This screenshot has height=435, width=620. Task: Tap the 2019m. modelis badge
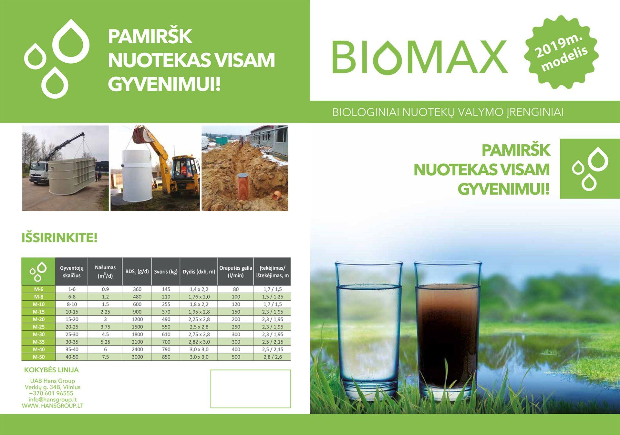click(x=561, y=53)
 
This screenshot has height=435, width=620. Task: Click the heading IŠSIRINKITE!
click(x=59, y=238)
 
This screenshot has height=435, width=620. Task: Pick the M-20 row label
click(x=38, y=319)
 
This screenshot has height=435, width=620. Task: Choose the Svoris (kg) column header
click(x=166, y=272)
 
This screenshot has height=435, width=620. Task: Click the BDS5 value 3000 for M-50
click(x=137, y=357)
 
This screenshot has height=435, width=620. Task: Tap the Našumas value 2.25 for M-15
click(x=105, y=312)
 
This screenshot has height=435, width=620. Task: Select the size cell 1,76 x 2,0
click(x=199, y=297)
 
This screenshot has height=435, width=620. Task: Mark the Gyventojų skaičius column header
click(x=72, y=272)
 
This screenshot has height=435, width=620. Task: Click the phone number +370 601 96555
click(x=51, y=393)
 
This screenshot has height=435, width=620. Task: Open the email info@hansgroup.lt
click(x=52, y=399)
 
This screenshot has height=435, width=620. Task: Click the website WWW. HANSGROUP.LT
click(x=52, y=406)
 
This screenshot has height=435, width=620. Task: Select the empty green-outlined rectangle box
click(x=251, y=389)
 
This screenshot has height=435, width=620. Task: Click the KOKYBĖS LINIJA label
click(x=51, y=370)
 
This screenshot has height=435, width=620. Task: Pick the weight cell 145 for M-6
click(x=166, y=289)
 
